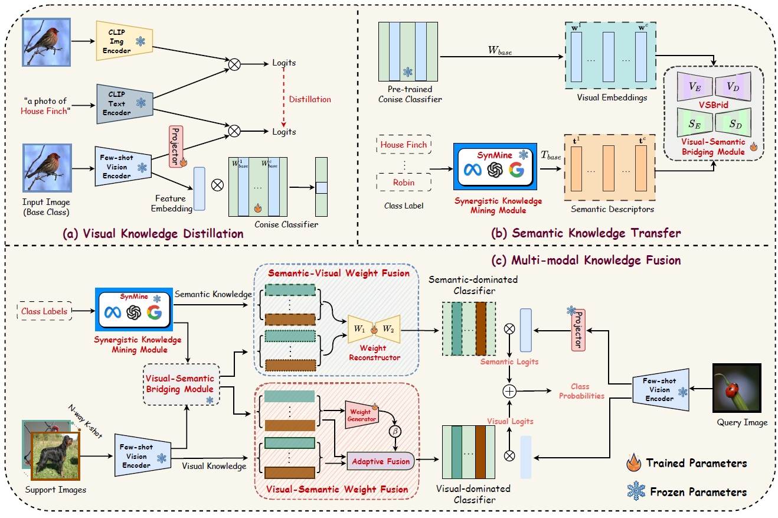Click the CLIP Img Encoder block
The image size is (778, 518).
[x=120, y=42]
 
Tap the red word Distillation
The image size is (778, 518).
[x=310, y=99]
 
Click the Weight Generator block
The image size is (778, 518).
[x=361, y=415]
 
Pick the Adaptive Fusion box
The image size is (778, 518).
[x=381, y=461]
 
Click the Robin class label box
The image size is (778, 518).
[x=404, y=183]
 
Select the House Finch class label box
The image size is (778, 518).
[x=404, y=145]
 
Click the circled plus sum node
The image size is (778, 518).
[x=509, y=391]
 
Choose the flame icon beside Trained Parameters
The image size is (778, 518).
[x=636, y=462]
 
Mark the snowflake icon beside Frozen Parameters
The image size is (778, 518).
[x=636, y=491]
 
